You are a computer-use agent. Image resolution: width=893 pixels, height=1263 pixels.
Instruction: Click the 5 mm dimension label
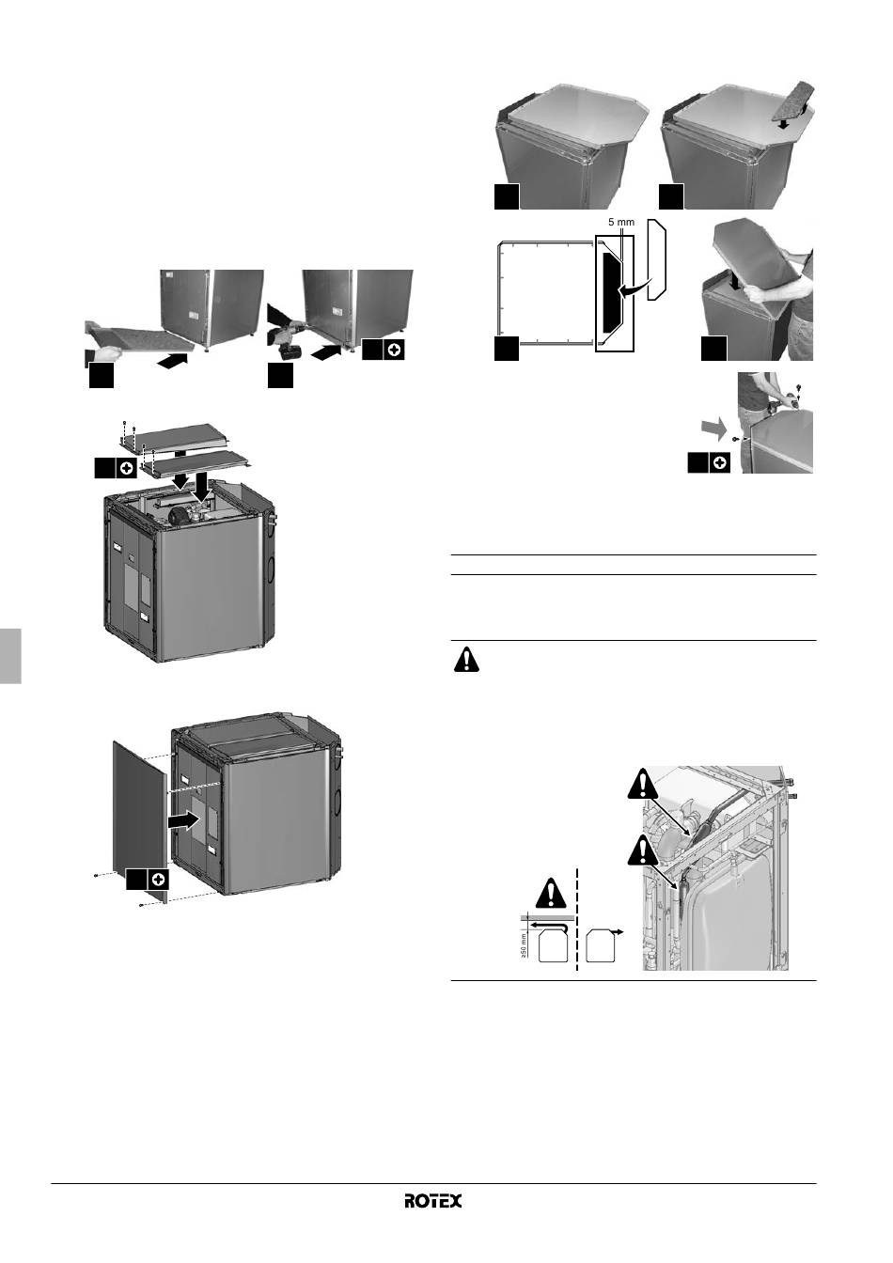click(621, 222)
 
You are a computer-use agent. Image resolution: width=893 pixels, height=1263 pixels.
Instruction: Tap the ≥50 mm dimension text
click(524, 946)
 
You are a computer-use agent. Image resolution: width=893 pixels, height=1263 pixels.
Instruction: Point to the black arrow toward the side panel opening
click(183, 821)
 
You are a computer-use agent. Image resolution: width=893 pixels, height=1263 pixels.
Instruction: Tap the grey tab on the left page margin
click(10, 656)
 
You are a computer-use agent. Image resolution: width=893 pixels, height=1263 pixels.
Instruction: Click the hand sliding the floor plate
click(105, 353)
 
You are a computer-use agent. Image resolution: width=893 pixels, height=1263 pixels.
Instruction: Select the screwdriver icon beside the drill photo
click(394, 350)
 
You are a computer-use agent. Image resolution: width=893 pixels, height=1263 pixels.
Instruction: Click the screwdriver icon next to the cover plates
click(126, 468)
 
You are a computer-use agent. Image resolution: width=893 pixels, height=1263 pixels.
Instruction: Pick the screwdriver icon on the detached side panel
click(158, 879)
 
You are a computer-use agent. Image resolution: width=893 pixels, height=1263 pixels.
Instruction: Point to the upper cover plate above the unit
click(175, 436)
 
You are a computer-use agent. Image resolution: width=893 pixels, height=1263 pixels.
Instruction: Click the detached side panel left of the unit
click(140, 821)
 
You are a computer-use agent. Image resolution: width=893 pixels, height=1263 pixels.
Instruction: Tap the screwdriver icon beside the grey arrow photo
click(719, 463)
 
